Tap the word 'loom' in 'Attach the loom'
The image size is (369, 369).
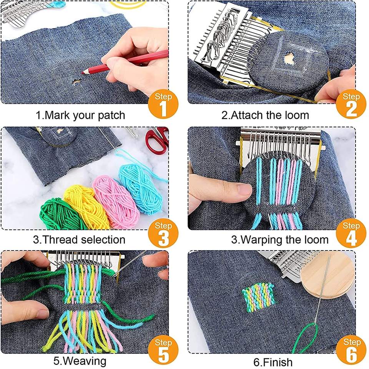click(296, 115)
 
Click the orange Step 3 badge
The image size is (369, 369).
click(163, 233)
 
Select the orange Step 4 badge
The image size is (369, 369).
click(351, 233)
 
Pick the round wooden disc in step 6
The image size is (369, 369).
click(327, 278)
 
